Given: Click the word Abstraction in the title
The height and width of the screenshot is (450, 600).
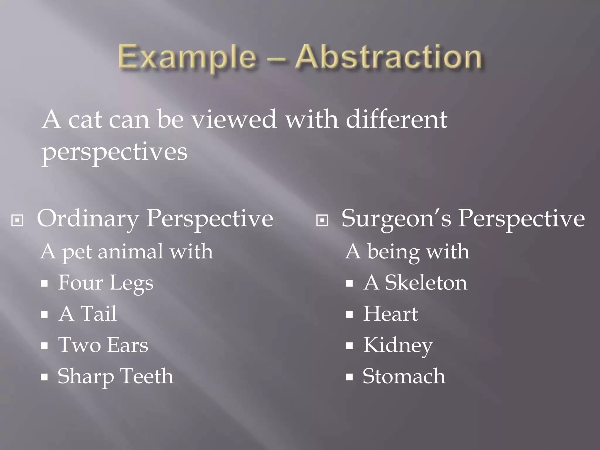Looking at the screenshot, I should pyautogui.click(x=388, y=56).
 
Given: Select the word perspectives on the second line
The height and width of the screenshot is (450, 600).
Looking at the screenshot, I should pyautogui.click(x=114, y=152).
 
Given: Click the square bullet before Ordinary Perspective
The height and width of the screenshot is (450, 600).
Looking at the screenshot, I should pyautogui.click(x=17, y=220).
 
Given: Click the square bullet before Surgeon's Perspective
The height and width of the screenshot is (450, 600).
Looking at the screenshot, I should pyautogui.click(x=322, y=220).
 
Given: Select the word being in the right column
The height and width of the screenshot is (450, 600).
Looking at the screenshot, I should pyautogui.click(x=393, y=252).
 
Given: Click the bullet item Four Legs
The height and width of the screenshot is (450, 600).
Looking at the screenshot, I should pyautogui.click(x=105, y=283).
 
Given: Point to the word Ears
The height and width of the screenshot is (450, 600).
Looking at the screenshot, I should pyautogui.click(x=127, y=345).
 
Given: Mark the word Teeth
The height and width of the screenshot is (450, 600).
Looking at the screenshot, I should pyautogui.click(x=147, y=376).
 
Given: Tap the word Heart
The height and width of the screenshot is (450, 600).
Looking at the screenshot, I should pyautogui.click(x=390, y=314).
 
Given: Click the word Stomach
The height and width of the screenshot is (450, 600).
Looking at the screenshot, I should pyautogui.click(x=404, y=376).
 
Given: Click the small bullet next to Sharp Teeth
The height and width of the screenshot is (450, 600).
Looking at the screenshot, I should pyautogui.click(x=44, y=377).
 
